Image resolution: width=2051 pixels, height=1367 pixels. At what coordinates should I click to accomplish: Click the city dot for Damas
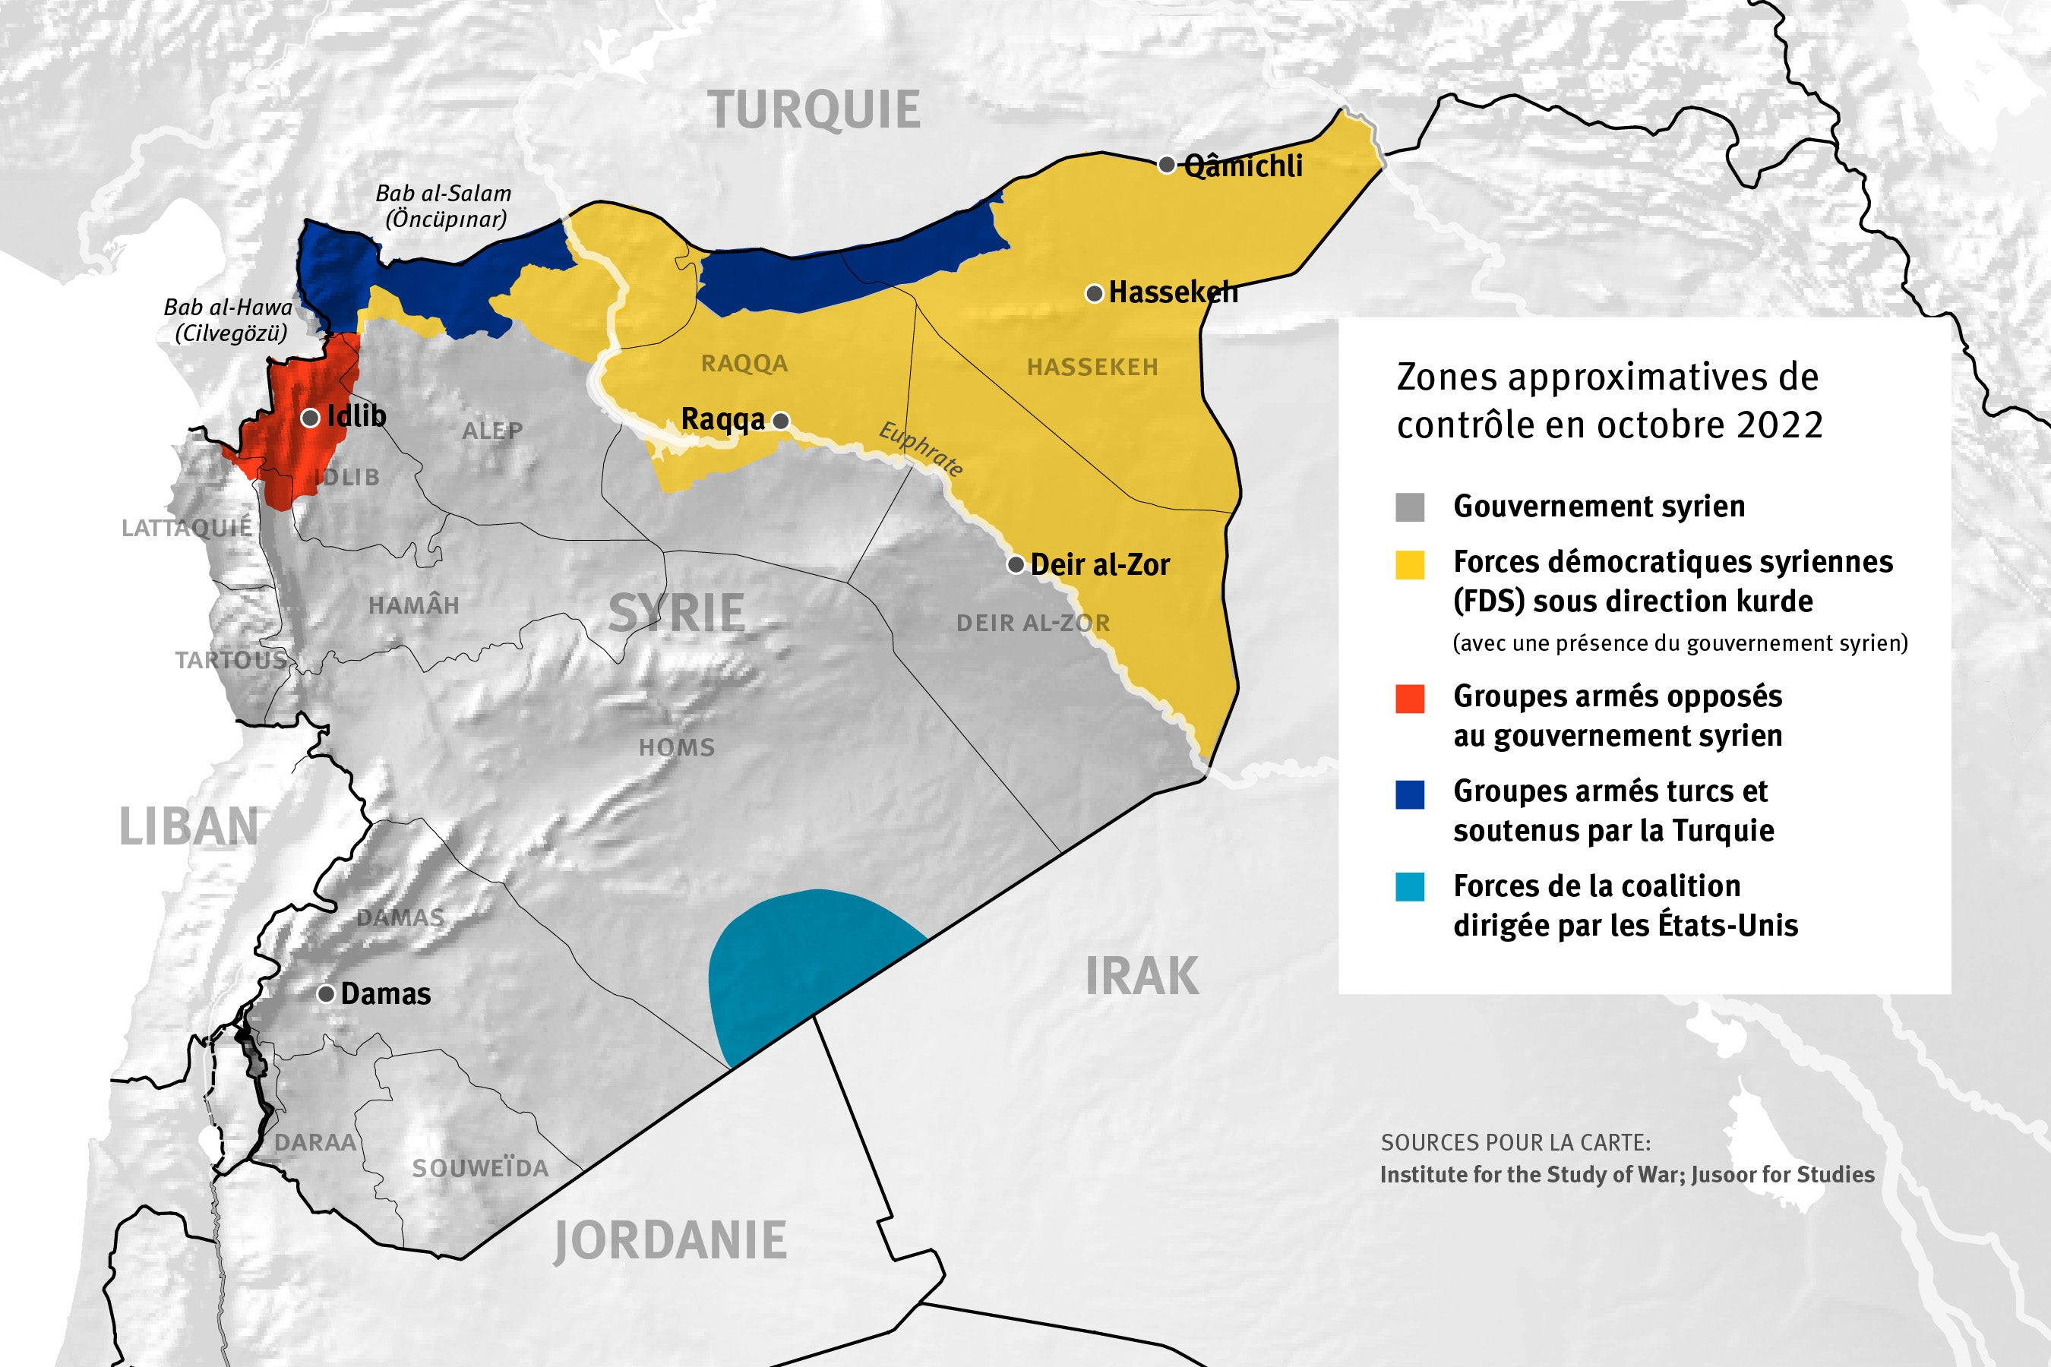point(326,994)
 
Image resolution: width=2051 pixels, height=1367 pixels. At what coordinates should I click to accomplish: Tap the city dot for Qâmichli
point(1166,165)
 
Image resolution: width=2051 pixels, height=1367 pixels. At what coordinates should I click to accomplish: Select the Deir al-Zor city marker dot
point(1015,565)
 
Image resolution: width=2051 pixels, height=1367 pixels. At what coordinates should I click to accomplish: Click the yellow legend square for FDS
point(1410,565)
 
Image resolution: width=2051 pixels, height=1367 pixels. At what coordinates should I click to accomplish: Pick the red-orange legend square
point(1410,699)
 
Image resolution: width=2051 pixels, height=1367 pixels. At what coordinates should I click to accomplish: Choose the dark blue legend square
point(1410,794)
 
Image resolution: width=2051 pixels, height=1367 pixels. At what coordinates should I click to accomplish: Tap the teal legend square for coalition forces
point(1410,886)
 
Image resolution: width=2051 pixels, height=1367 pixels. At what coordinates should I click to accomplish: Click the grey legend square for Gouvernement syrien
point(1410,507)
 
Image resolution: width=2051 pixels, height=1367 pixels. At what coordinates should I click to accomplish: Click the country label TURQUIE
point(814,111)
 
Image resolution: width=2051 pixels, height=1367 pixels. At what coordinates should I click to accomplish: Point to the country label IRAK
point(1142,976)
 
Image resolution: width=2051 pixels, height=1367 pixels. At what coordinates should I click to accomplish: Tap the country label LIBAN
point(188,826)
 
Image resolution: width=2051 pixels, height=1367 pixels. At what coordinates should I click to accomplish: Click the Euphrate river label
point(921,449)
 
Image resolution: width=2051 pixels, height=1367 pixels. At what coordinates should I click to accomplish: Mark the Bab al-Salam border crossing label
point(443,206)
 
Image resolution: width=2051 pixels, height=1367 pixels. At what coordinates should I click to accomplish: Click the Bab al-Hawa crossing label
point(229,319)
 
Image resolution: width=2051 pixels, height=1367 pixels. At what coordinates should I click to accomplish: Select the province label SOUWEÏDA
point(479,1168)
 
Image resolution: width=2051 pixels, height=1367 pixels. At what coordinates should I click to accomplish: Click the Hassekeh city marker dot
point(1094,294)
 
